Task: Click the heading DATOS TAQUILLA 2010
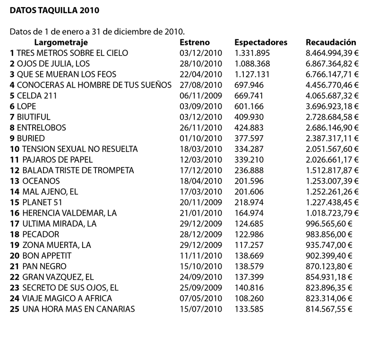(55, 9)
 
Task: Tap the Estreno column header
(195, 42)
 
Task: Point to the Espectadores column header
(261, 42)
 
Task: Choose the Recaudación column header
(331, 42)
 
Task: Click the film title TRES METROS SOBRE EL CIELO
(72, 53)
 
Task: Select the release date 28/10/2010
(201, 63)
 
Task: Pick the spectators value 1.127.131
(252, 74)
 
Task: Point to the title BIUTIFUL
(34, 117)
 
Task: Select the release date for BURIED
(201, 138)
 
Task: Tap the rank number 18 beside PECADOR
(14, 235)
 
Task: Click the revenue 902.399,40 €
(329, 256)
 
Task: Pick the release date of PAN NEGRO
(201, 266)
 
